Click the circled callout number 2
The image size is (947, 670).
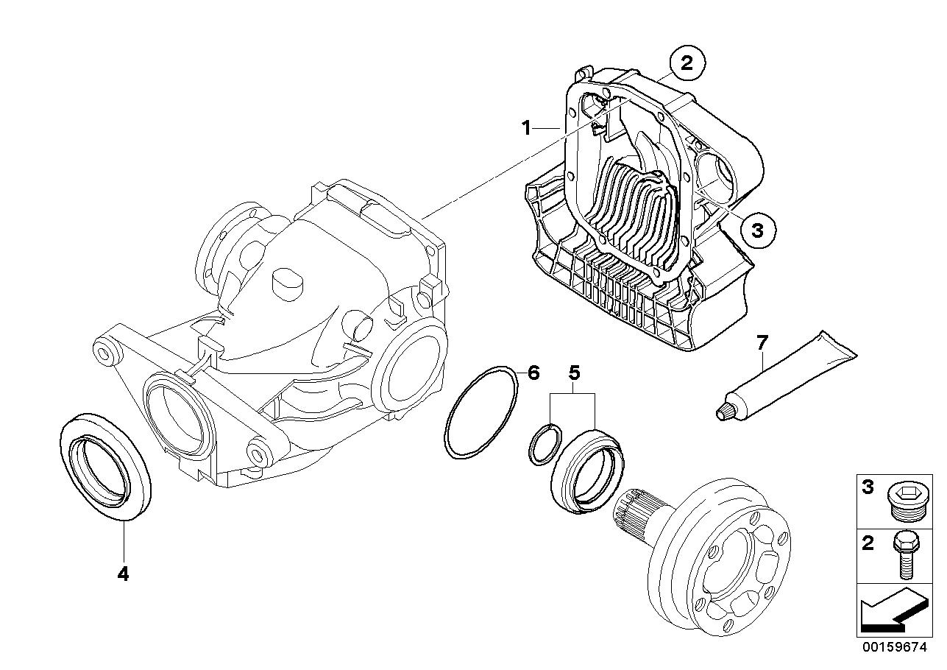[x=687, y=63]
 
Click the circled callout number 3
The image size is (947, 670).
[x=758, y=230]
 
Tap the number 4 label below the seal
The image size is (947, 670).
[x=123, y=574]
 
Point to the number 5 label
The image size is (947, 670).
[x=574, y=373]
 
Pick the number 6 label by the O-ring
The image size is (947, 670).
[x=533, y=373]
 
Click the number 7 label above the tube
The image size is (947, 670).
[x=762, y=342]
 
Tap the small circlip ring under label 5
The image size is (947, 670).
[x=543, y=446]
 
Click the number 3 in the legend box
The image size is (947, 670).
[x=868, y=487]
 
